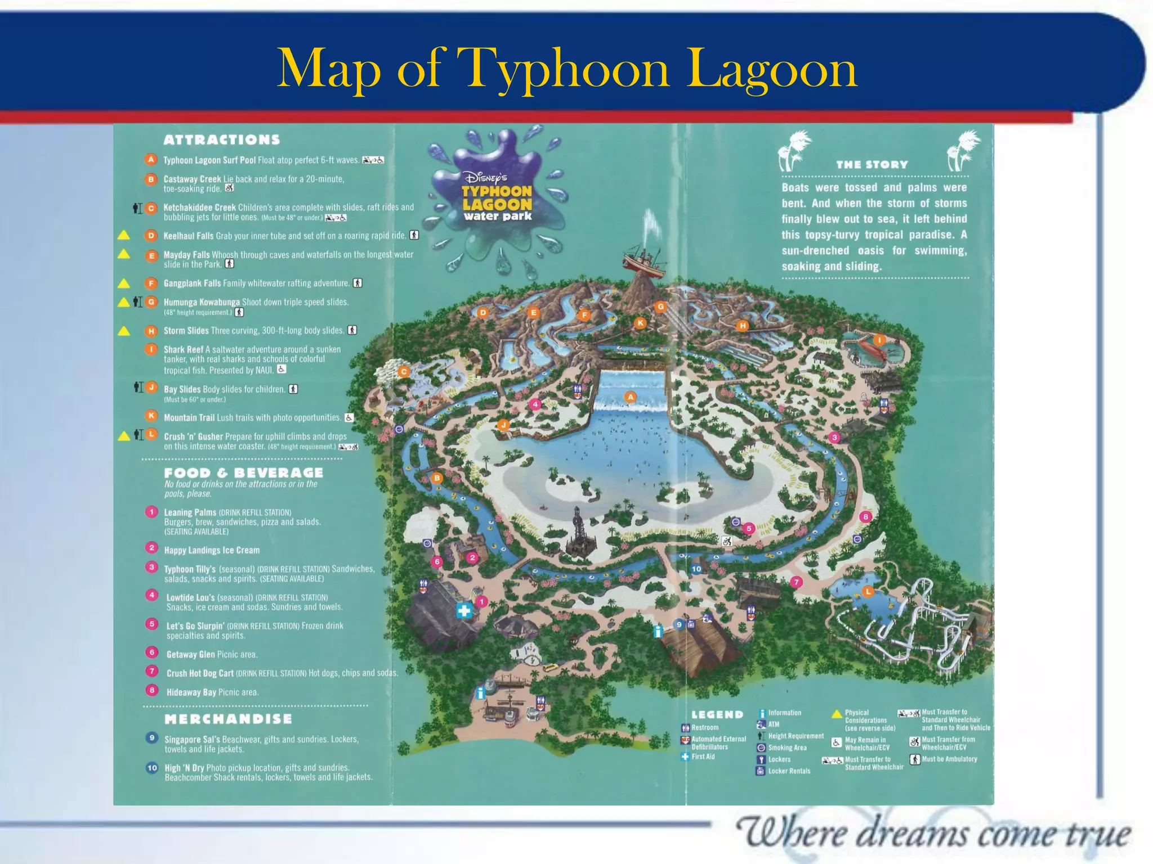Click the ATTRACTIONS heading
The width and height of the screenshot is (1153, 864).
pyautogui.click(x=222, y=139)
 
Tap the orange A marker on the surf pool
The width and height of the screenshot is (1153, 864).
pyautogui.click(x=631, y=397)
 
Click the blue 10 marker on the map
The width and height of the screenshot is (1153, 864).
pyautogui.click(x=696, y=569)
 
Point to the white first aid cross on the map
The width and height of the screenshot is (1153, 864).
pyautogui.click(x=464, y=611)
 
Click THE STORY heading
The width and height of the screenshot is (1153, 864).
pyautogui.click(x=872, y=165)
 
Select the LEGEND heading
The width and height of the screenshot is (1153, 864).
pyautogui.click(x=717, y=714)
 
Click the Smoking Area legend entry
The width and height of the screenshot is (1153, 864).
pyautogui.click(x=787, y=748)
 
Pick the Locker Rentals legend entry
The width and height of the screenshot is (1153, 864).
pyautogui.click(x=789, y=771)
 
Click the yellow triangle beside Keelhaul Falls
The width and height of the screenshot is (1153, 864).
pyautogui.click(x=124, y=235)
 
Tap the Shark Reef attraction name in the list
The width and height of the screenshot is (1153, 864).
pyautogui.click(x=184, y=349)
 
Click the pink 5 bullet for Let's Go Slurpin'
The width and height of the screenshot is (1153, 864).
pyautogui.click(x=151, y=624)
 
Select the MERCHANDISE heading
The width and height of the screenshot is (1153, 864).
pyautogui.click(x=228, y=719)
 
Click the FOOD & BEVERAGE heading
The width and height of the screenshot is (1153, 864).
pyautogui.click(x=243, y=473)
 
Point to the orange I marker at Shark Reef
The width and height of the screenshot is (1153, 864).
pyautogui.click(x=879, y=340)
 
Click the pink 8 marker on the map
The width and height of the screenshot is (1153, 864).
pyautogui.click(x=866, y=516)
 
